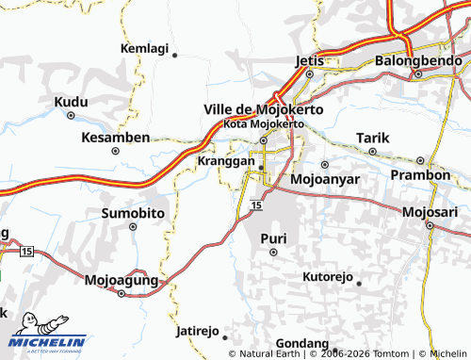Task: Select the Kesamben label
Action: pyautogui.click(x=115, y=138)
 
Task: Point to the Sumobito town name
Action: pyautogui.click(x=133, y=213)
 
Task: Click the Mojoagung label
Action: pyautogui.click(x=120, y=280)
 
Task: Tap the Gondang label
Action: pyautogui.click(x=302, y=343)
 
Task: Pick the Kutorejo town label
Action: pyautogui.click(x=327, y=277)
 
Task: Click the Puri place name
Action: pyautogui.click(x=273, y=237)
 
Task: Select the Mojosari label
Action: pyautogui.click(x=429, y=211)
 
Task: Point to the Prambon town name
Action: pyautogui.click(x=420, y=175)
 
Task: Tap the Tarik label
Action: pyautogui.click(x=372, y=139)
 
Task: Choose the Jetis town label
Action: pyautogui.click(x=309, y=60)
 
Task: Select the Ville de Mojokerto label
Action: pyautogui.click(x=264, y=109)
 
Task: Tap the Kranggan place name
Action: pyautogui.click(x=227, y=161)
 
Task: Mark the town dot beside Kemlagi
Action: pyautogui.click(x=174, y=56)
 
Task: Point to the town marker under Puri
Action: pyautogui.click(x=273, y=253)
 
